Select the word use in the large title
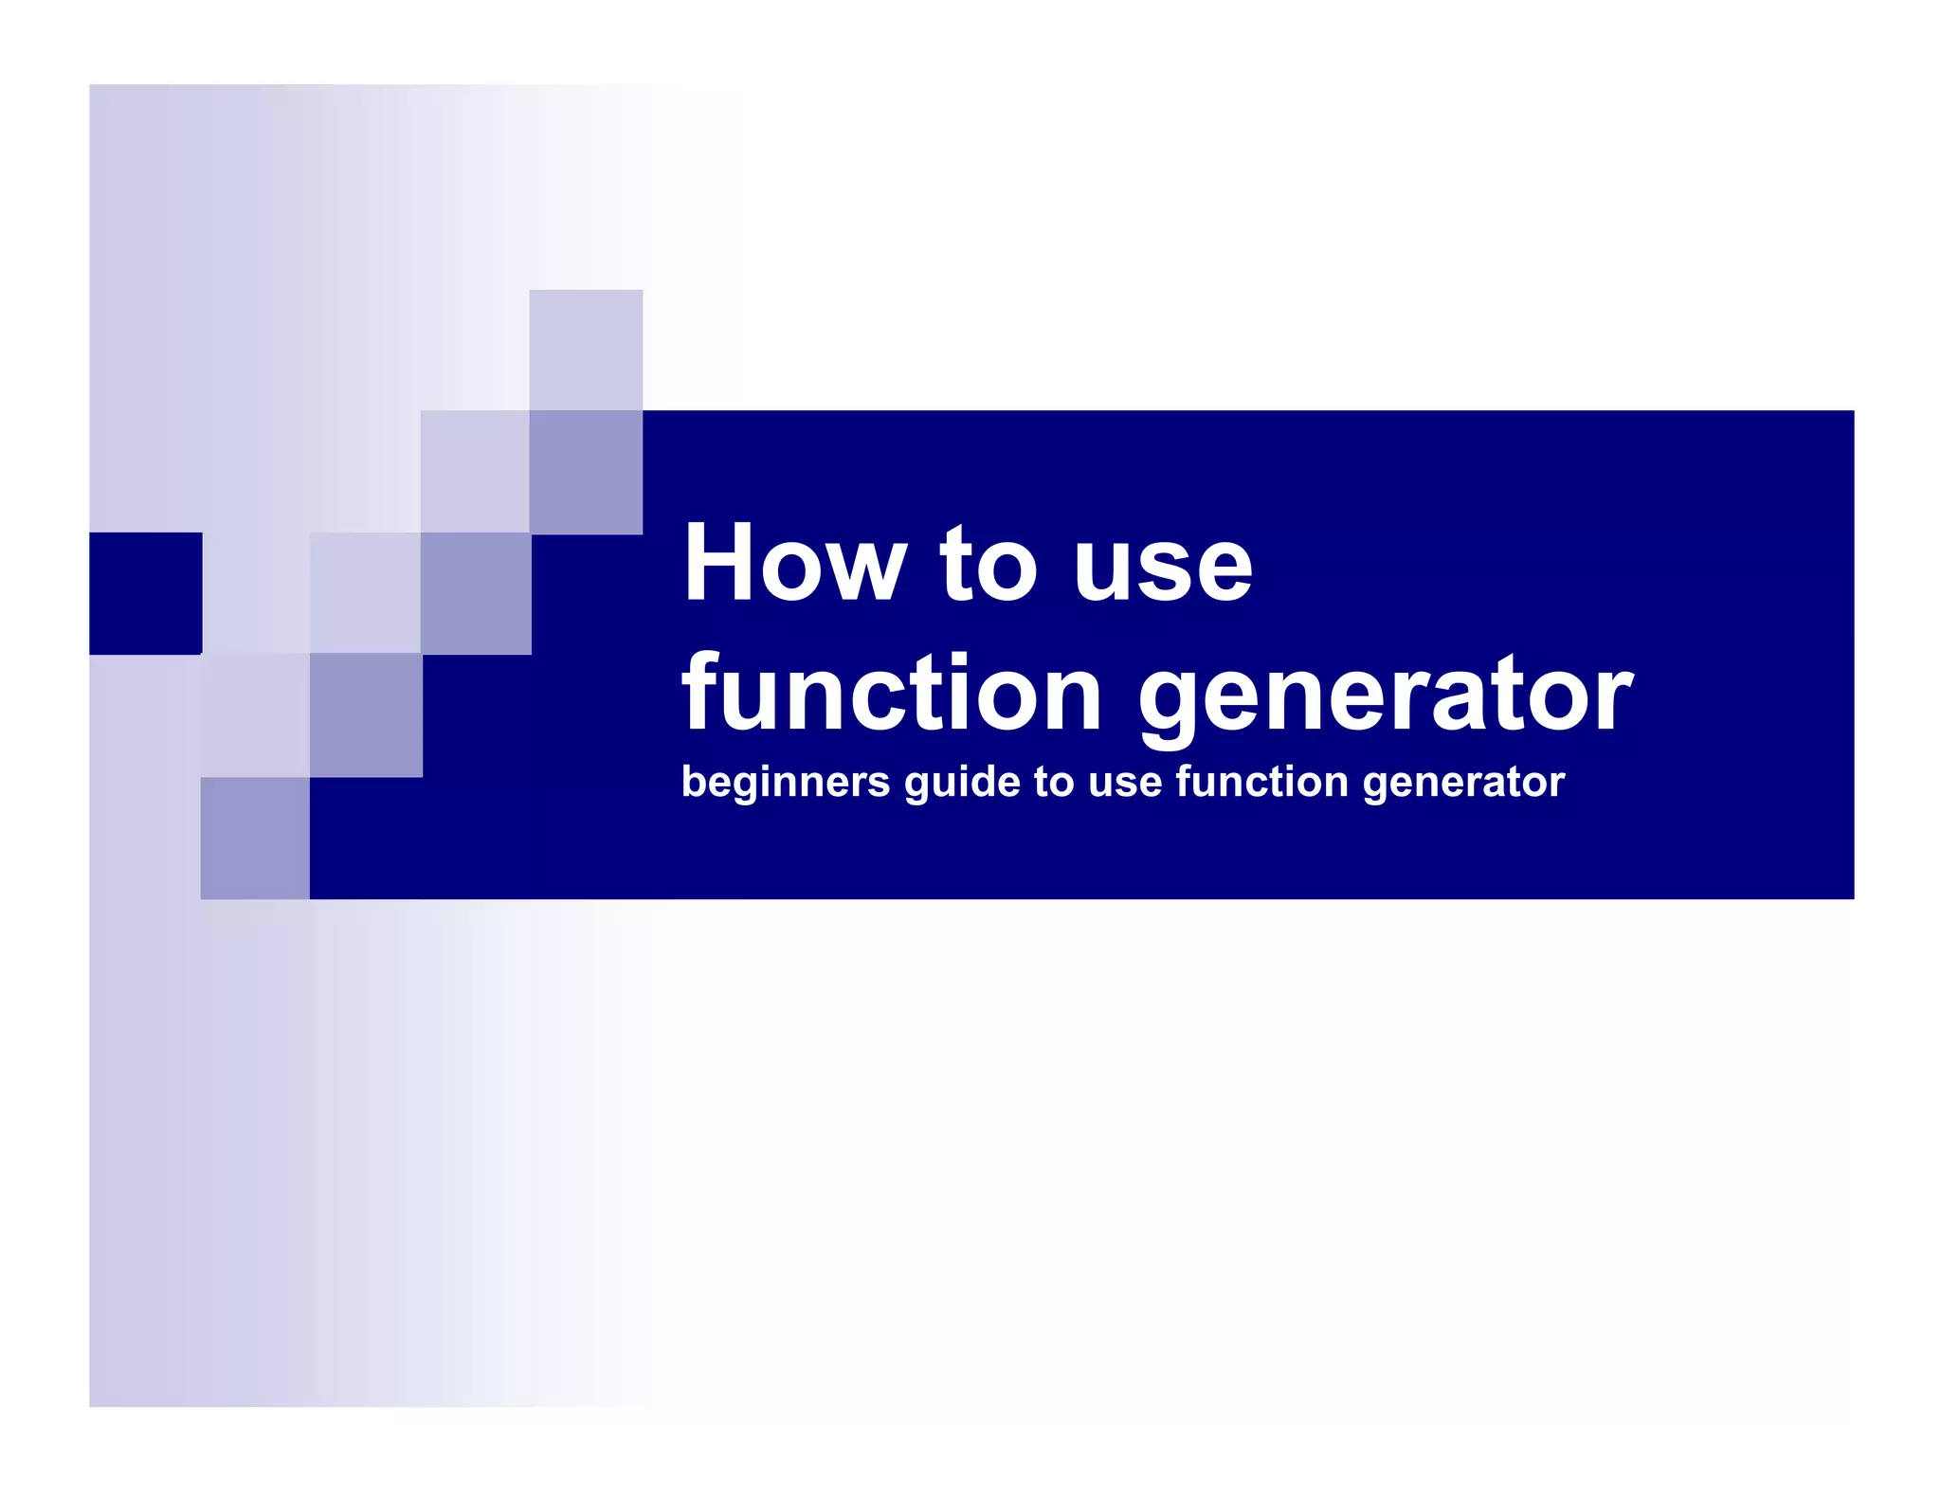pos(1163,571)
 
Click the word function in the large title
pos(891,694)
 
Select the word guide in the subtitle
pos(961,784)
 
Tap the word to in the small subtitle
pos(1054,784)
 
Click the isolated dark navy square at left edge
pos(145,593)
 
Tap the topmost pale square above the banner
pos(586,349)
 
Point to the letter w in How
pos(867,571)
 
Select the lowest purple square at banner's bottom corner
pos(255,838)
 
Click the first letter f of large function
pos(699,692)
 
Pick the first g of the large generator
pos(1173,706)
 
